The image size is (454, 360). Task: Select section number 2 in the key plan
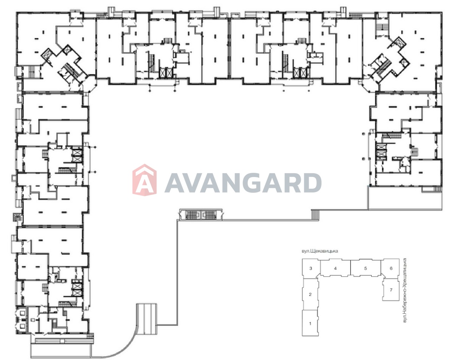click(x=310, y=295)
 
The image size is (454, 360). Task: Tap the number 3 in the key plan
click(x=311, y=268)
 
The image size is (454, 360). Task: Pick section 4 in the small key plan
click(x=336, y=268)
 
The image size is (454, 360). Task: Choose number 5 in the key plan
click(x=365, y=268)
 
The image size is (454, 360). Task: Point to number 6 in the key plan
click(x=391, y=268)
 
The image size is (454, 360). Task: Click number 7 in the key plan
click(x=391, y=290)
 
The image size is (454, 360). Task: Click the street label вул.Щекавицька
click(x=320, y=251)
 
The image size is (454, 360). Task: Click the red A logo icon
click(x=145, y=180)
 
